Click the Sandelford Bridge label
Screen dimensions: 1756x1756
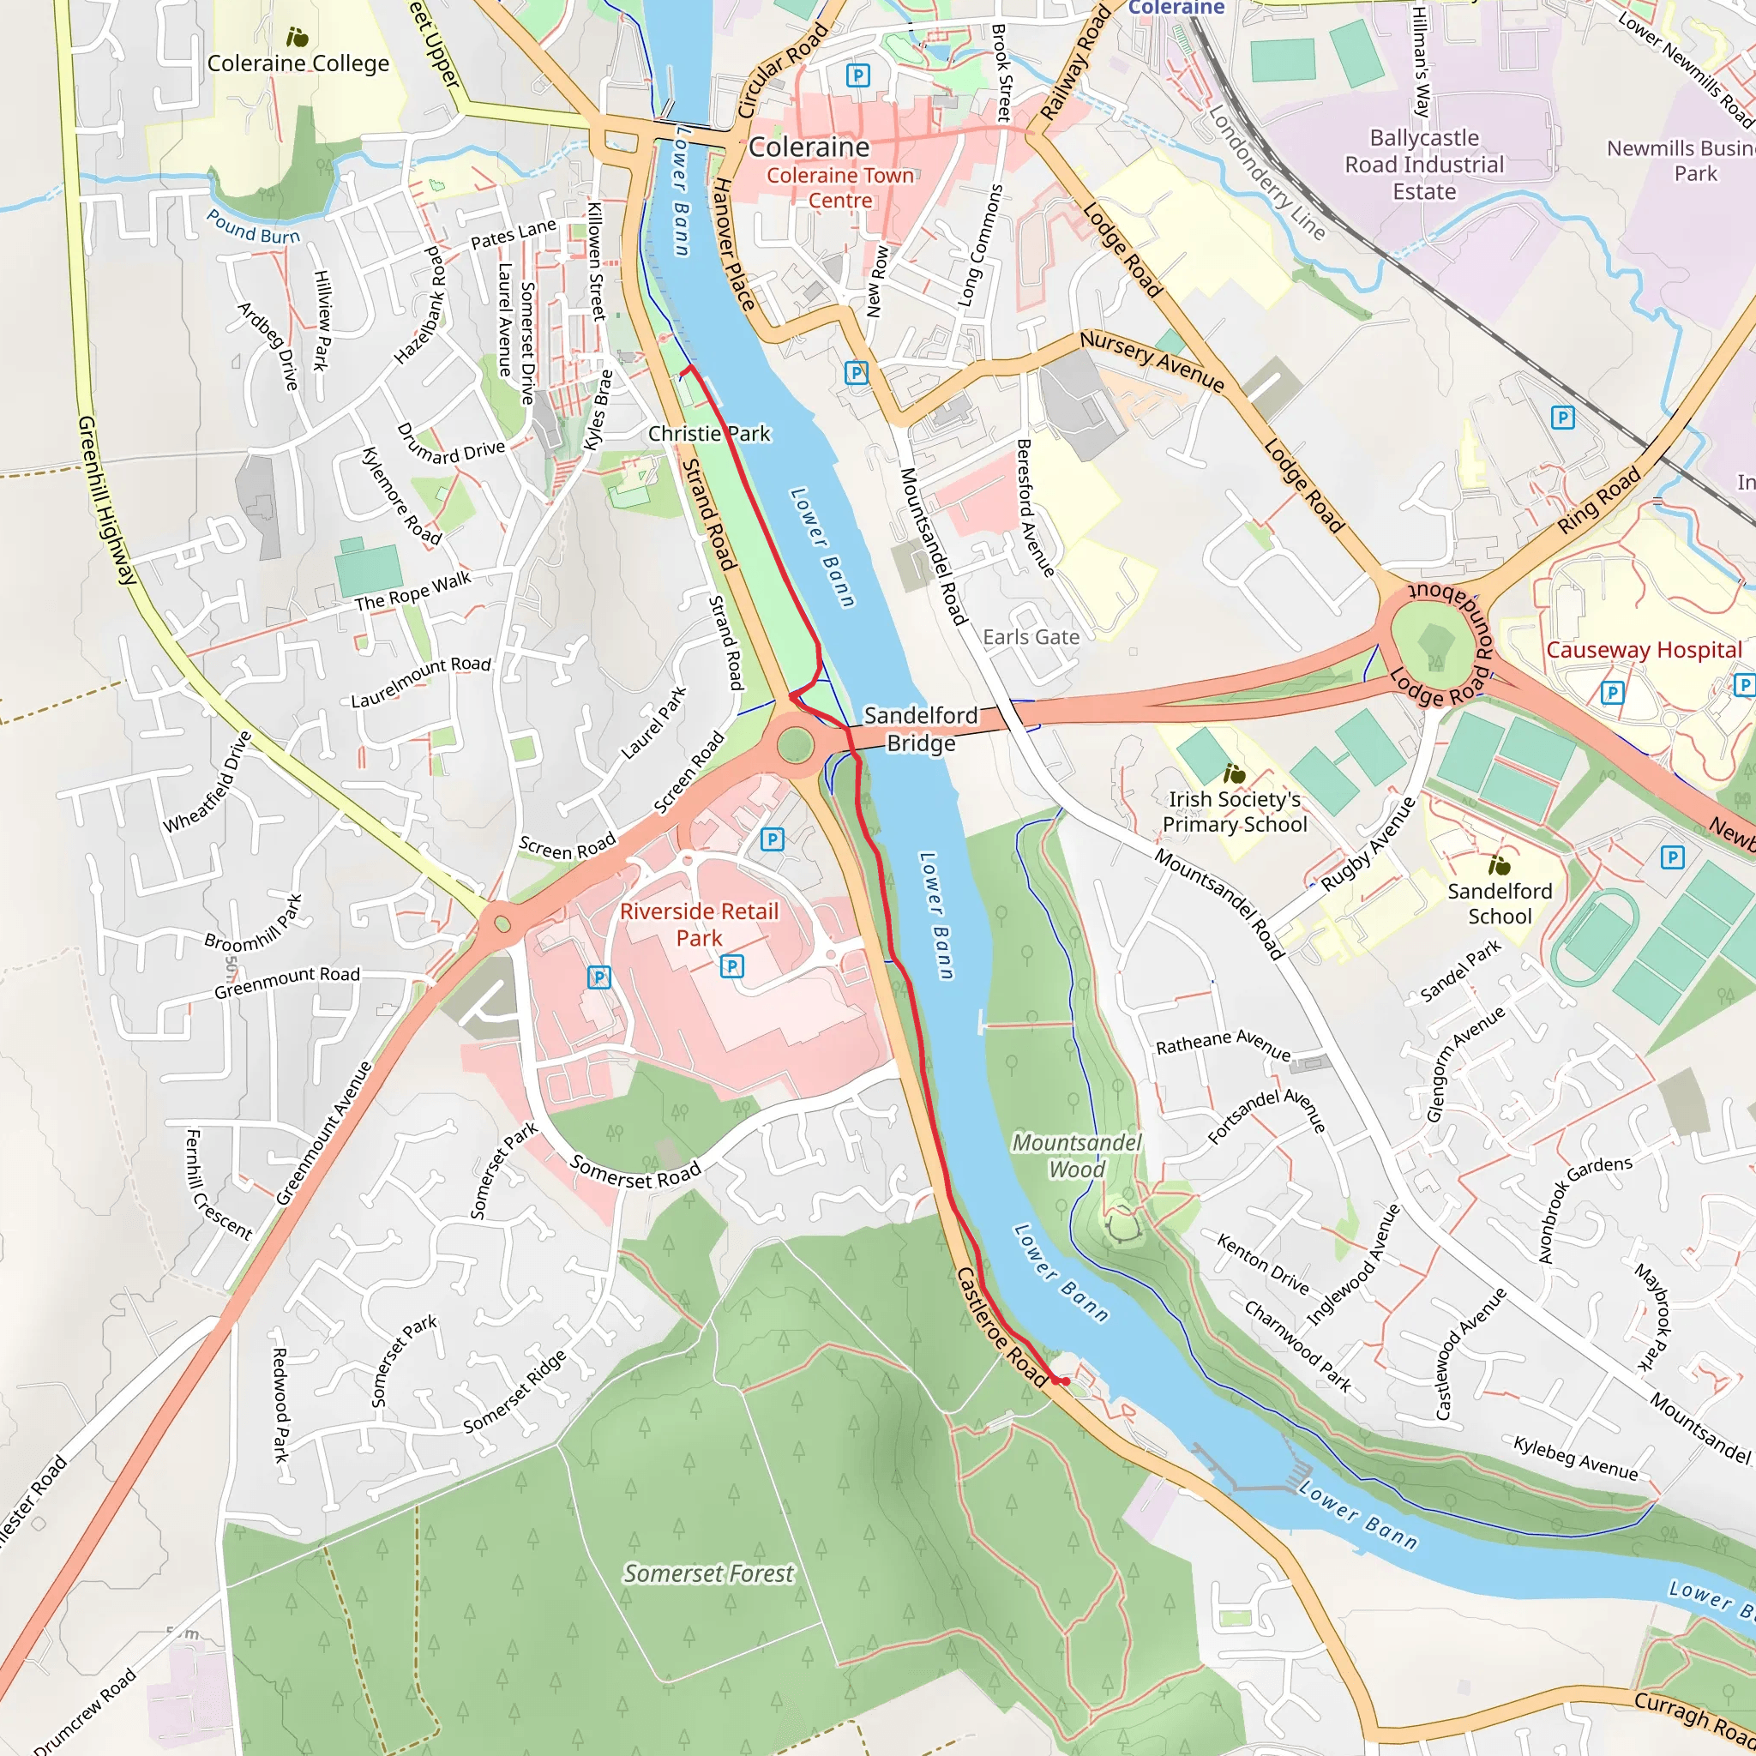click(x=920, y=729)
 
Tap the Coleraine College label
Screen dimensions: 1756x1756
click(x=298, y=63)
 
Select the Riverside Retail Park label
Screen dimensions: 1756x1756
click(x=699, y=924)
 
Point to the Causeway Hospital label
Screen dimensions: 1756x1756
click(x=1644, y=650)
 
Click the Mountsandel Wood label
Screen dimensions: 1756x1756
click(x=1077, y=1156)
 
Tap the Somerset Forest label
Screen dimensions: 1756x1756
click(x=708, y=1573)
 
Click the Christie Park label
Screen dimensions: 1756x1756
click(x=709, y=434)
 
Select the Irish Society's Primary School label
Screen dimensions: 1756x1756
click(x=1235, y=812)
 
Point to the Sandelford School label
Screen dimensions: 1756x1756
click(x=1500, y=904)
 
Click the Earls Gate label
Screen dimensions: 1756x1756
click(x=1031, y=637)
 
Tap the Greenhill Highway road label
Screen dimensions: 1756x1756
click(x=106, y=501)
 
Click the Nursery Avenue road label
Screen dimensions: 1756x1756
click(x=1152, y=360)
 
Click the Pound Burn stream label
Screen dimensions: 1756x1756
click(x=253, y=227)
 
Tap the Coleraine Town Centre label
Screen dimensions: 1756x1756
click(x=839, y=187)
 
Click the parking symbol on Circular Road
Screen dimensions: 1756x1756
click(x=857, y=75)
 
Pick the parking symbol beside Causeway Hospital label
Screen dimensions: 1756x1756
click(x=1611, y=693)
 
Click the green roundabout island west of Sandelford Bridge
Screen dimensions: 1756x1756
click(x=796, y=745)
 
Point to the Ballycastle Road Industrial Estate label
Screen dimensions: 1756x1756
click(x=1424, y=165)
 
